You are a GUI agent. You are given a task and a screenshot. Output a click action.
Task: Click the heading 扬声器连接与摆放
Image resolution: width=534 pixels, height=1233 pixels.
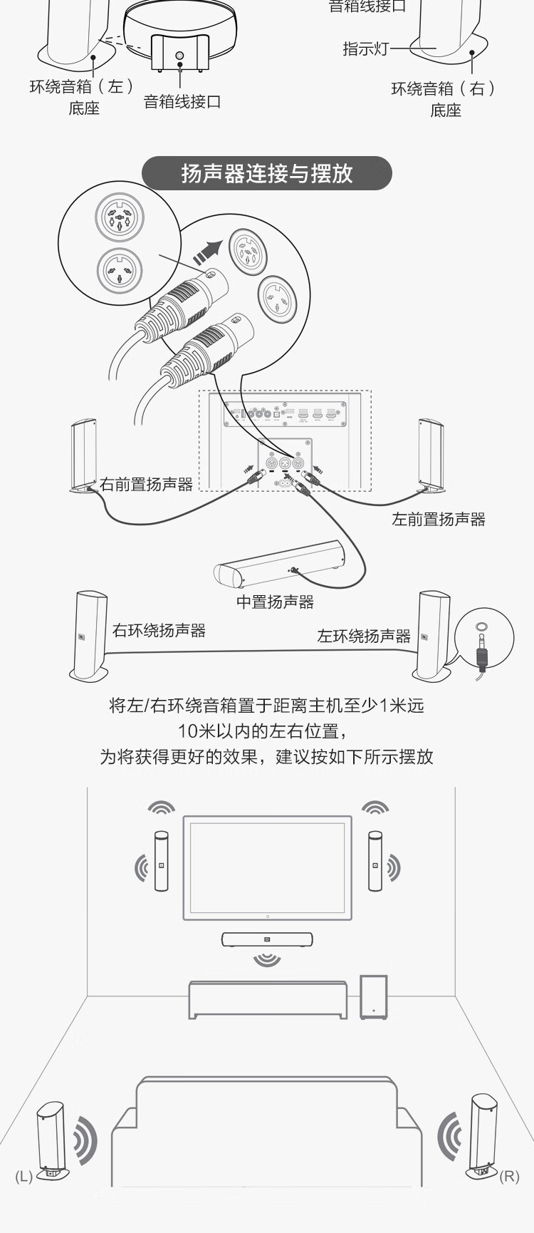(267, 173)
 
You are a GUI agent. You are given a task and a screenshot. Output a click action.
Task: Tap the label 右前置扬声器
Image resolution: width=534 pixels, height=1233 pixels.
(146, 485)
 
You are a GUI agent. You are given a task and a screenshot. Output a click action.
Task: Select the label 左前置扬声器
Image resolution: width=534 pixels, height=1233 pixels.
(438, 520)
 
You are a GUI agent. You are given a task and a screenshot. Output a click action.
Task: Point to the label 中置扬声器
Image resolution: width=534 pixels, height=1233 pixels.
(275, 602)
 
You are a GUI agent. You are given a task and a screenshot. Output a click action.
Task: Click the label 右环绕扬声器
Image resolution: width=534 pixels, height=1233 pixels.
(159, 631)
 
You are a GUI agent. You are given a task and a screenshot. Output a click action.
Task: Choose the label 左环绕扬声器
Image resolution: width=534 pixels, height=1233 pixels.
(363, 636)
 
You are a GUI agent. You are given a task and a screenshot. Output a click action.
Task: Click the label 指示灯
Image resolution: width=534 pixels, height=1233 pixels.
(365, 48)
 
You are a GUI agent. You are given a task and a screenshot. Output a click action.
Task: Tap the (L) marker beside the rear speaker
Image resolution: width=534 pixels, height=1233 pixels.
(24, 1176)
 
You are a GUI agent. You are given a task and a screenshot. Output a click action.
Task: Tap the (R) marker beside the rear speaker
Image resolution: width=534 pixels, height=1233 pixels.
(509, 1176)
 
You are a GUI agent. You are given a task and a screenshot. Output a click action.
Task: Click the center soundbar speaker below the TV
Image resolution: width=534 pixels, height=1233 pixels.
(267, 939)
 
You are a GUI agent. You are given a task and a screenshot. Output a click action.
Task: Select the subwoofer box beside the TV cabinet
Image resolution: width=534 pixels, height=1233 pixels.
(374, 997)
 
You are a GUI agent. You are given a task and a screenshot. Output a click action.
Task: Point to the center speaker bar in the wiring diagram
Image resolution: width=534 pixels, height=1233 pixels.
(279, 563)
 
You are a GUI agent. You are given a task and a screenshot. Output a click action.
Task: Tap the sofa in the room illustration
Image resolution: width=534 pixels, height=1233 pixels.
(267, 1133)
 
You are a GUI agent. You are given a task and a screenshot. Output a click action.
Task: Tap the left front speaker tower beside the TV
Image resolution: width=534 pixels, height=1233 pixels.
(162, 860)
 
